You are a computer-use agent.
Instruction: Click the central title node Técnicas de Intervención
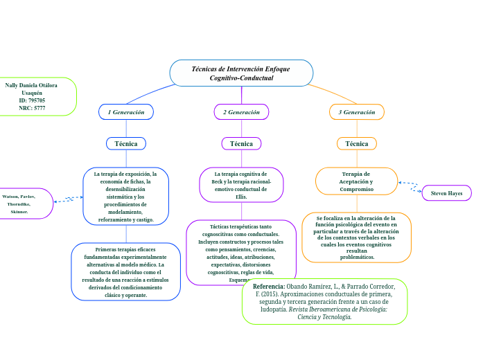pos(241,73)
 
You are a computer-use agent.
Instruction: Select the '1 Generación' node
pos(125,111)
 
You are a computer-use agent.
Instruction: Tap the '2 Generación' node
pos(241,111)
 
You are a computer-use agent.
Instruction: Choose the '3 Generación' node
pos(357,111)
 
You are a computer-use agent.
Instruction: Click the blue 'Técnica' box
pos(125,143)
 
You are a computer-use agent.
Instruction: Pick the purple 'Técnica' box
pos(241,143)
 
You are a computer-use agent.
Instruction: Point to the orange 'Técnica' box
pos(357,143)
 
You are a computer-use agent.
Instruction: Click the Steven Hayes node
pos(446,193)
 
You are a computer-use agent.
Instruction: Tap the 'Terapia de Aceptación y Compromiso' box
pos(357,181)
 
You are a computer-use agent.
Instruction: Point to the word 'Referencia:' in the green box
pos(269,287)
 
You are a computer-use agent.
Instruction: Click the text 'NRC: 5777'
pos(33,108)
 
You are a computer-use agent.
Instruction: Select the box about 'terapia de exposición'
pos(125,197)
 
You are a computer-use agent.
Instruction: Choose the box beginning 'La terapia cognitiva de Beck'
pos(241,185)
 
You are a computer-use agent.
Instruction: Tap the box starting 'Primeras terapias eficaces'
pos(125,271)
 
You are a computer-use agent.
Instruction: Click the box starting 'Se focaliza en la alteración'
pos(356,237)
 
